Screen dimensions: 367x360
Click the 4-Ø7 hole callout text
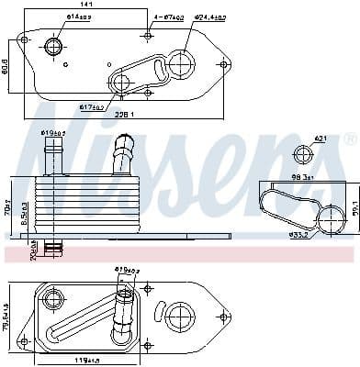pos(168,17)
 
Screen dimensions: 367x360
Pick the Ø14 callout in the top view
pos(78,17)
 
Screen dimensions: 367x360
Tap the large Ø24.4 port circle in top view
pos(181,62)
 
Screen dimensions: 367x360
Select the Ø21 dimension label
pos(321,139)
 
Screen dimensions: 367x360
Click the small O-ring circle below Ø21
pos(304,154)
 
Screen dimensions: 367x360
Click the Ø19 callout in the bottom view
pos(125,270)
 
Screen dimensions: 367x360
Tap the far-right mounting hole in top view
pos(223,65)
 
